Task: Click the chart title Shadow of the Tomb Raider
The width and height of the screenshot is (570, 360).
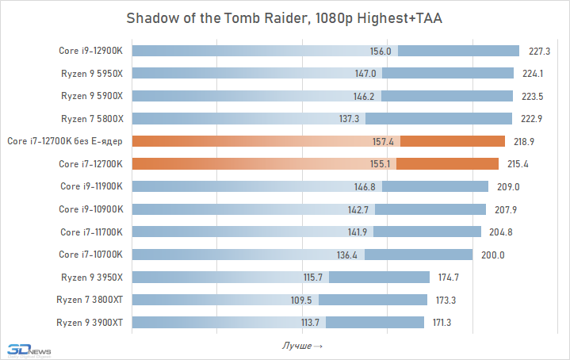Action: click(285, 19)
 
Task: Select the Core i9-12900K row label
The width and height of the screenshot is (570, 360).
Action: click(91, 51)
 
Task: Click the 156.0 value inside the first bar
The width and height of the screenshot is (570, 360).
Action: click(381, 51)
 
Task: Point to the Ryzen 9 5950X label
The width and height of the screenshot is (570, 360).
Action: click(93, 74)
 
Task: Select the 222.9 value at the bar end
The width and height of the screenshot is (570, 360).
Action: click(532, 119)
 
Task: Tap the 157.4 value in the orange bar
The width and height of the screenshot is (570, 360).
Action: click(383, 141)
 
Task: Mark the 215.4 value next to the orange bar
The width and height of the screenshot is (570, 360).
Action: click(519, 164)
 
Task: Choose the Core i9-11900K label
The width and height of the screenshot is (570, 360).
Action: click(91, 186)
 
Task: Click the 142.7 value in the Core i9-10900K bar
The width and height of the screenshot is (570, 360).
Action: click(358, 209)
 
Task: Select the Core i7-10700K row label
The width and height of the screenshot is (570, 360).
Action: click(91, 255)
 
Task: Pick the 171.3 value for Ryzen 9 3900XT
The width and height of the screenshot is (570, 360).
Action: click(444, 323)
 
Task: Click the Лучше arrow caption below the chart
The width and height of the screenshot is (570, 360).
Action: click(302, 347)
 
